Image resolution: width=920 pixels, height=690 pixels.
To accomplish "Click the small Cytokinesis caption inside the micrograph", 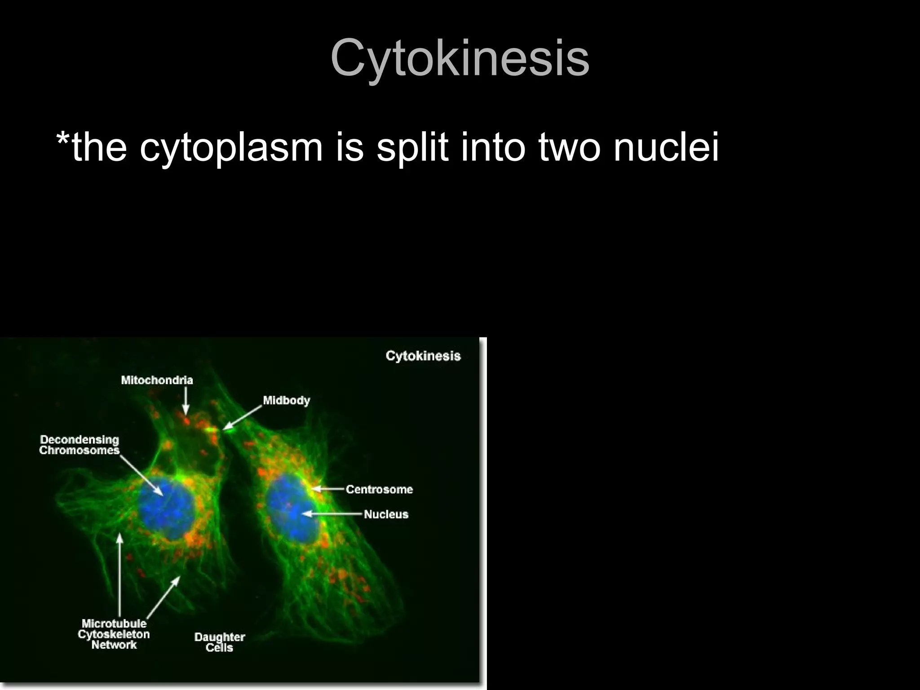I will click(423, 356).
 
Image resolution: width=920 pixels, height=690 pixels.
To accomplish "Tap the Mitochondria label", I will click(157, 380).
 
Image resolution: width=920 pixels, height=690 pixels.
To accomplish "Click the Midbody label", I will click(286, 400).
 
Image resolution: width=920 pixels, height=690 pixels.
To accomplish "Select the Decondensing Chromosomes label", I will click(80, 445).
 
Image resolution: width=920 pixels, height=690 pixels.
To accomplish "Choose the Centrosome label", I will click(379, 489).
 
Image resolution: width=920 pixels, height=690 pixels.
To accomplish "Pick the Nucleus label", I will click(386, 514).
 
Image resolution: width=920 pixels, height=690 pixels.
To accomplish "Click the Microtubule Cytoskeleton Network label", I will click(114, 634).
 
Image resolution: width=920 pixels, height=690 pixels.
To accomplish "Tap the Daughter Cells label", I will click(219, 642).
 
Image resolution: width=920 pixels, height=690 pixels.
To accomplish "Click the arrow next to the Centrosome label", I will click(329, 489).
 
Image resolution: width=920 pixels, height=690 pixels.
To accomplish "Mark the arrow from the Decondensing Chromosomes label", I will click(142, 475).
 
